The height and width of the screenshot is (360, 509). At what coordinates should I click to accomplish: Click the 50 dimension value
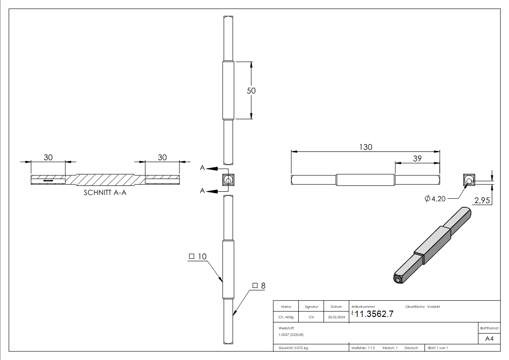(251, 91)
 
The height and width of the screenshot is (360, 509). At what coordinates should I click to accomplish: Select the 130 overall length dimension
(365, 147)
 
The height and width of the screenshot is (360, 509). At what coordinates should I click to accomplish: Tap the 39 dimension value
(417, 158)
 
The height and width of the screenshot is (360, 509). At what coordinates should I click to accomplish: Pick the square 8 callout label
(258, 286)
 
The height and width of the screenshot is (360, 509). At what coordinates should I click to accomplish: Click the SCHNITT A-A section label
(106, 192)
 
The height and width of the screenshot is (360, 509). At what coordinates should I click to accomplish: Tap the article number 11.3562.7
(374, 314)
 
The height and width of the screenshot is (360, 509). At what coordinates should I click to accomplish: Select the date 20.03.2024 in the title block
(336, 317)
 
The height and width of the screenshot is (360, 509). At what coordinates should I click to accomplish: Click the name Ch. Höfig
(286, 317)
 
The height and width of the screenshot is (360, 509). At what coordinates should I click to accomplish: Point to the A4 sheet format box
(490, 339)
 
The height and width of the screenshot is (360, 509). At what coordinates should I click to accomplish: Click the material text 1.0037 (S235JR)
(291, 334)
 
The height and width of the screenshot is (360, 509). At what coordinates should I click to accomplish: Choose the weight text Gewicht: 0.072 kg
(293, 348)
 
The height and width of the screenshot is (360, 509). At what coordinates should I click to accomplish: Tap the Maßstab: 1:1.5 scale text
(363, 348)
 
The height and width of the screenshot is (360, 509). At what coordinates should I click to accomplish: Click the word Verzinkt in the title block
(433, 307)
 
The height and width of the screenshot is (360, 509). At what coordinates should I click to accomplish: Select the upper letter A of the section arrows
(202, 168)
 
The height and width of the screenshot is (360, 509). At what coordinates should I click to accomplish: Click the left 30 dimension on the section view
(48, 157)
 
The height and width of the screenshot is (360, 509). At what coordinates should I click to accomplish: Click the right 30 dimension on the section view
(162, 157)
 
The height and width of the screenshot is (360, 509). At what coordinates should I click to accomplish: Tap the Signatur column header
(311, 307)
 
